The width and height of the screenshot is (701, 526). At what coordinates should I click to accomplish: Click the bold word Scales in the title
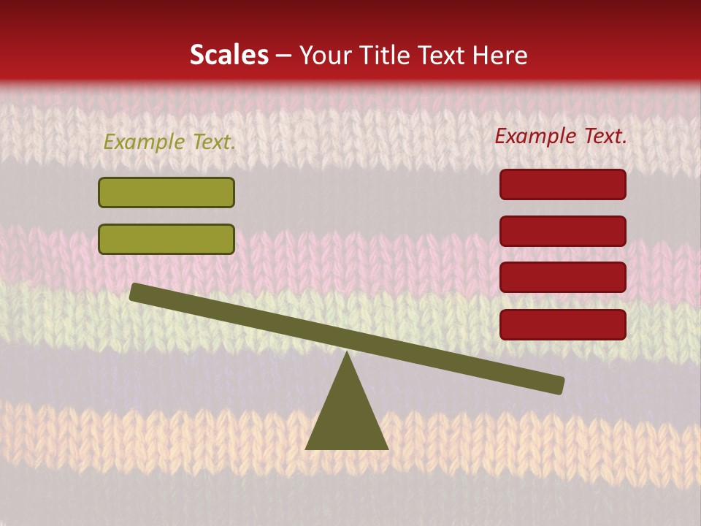[229, 56]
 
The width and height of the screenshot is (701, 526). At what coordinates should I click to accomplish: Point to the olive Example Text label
[169, 142]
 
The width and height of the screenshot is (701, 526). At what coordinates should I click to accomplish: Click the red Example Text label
[561, 136]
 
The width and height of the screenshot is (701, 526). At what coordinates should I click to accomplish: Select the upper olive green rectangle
[166, 192]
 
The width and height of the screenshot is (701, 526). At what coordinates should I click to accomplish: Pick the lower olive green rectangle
[166, 239]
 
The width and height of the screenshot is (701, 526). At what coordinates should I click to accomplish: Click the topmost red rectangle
[563, 184]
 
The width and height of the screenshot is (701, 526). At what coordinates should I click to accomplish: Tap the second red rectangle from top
[563, 231]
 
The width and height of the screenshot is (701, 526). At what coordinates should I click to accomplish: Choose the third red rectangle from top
[563, 277]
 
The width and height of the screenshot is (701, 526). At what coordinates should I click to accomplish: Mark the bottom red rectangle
[563, 324]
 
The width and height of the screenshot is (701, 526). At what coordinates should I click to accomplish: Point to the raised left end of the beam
[139, 292]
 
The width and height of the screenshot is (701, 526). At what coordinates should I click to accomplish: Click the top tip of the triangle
[347, 354]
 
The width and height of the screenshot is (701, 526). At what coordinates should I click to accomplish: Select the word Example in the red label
[535, 136]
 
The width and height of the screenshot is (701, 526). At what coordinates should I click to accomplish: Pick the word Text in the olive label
[212, 142]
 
